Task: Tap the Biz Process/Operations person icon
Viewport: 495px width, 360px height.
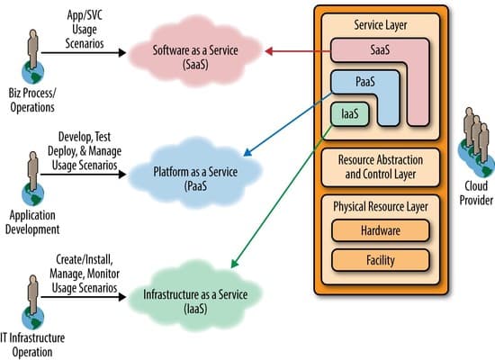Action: click(x=33, y=57)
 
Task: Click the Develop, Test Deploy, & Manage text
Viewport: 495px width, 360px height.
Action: click(x=85, y=148)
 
